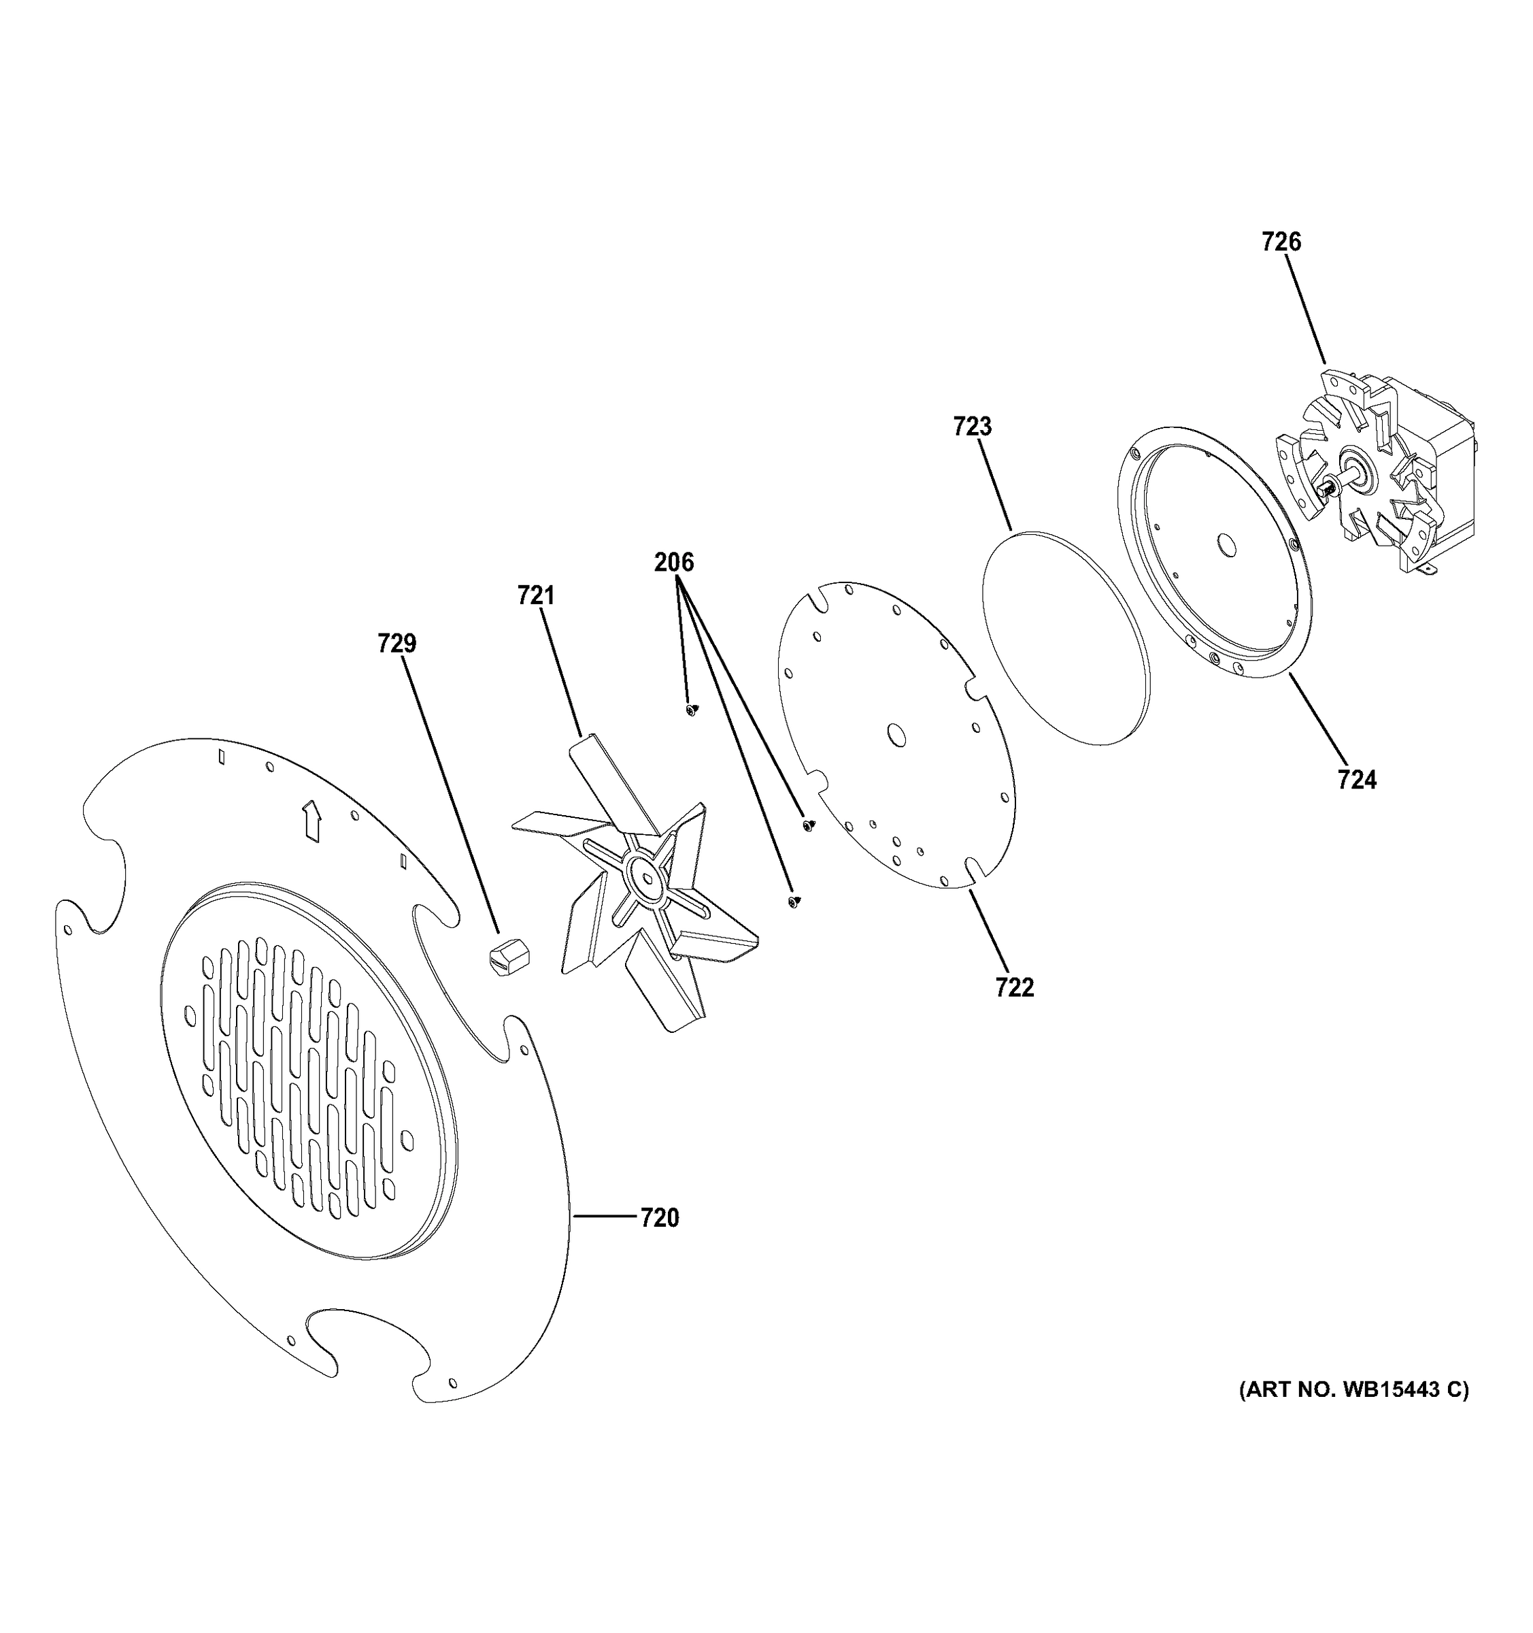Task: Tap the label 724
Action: coord(1356,780)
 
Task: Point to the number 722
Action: coord(1014,987)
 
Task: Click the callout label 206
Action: coord(673,563)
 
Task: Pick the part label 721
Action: coord(535,595)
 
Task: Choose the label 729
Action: coord(397,643)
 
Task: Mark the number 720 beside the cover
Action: coord(659,1218)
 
